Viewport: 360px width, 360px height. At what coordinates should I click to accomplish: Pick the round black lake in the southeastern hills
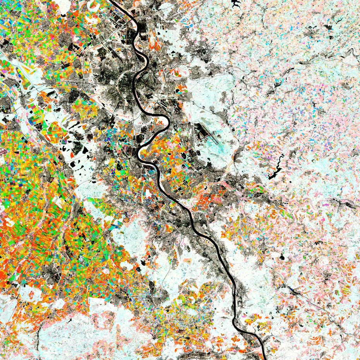point(281,257)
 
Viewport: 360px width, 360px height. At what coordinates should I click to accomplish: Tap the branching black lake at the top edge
point(235,4)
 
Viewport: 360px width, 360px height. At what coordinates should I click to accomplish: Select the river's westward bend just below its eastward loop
point(139,151)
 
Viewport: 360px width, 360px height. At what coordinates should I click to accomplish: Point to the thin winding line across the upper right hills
point(294,66)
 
